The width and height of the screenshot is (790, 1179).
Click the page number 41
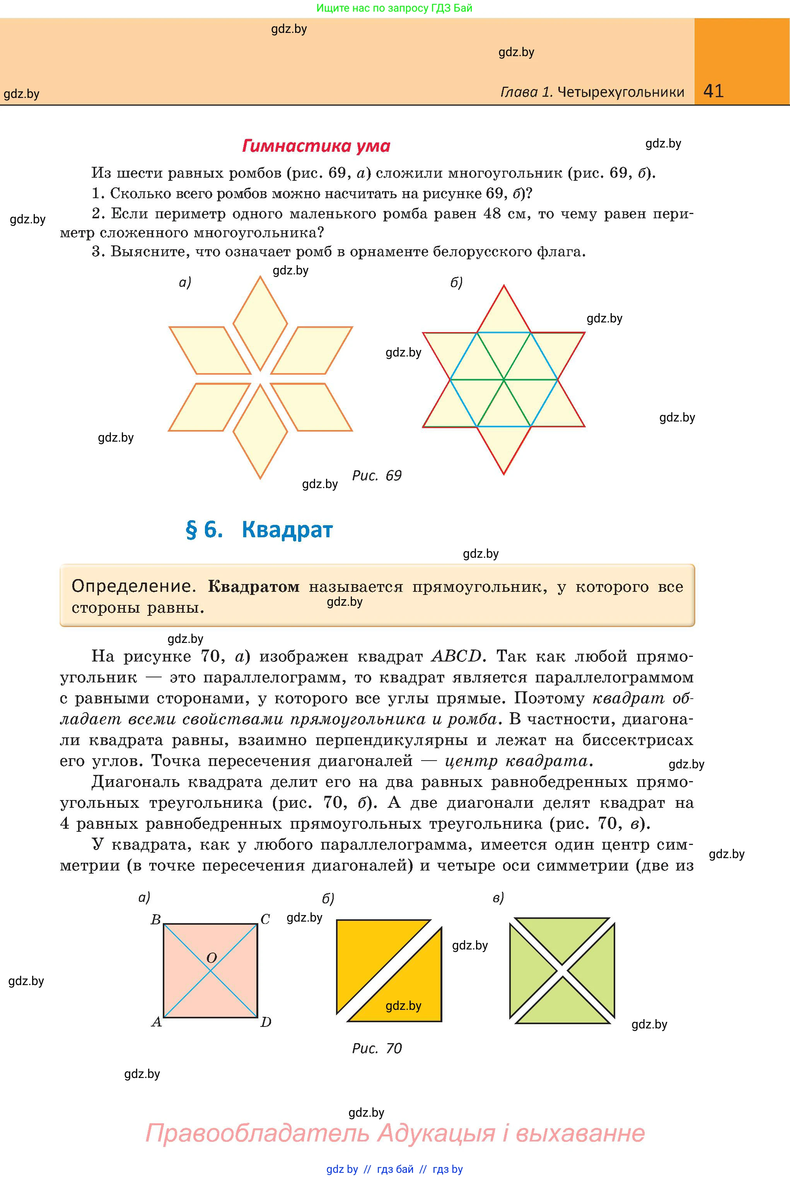pos(713,91)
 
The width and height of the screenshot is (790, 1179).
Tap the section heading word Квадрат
pos(287,530)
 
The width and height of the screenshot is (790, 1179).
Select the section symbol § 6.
pos(204,530)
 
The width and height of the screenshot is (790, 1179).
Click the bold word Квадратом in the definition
pos(253,586)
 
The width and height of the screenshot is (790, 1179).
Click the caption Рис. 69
pos(376,476)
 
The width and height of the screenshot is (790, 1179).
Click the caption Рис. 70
pos(376,1049)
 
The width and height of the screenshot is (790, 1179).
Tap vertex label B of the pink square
pos(156,919)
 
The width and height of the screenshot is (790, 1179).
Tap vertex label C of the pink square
pos(266,919)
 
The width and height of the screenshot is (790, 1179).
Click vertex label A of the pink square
pos(157,1022)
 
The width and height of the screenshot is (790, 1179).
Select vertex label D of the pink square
pos(266,1022)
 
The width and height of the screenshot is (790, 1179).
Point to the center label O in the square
pos(212,958)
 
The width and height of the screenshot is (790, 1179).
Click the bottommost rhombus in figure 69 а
pos(260,432)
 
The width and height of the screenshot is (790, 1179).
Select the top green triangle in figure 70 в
pos(562,936)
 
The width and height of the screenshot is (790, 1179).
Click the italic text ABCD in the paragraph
pos(456,656)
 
